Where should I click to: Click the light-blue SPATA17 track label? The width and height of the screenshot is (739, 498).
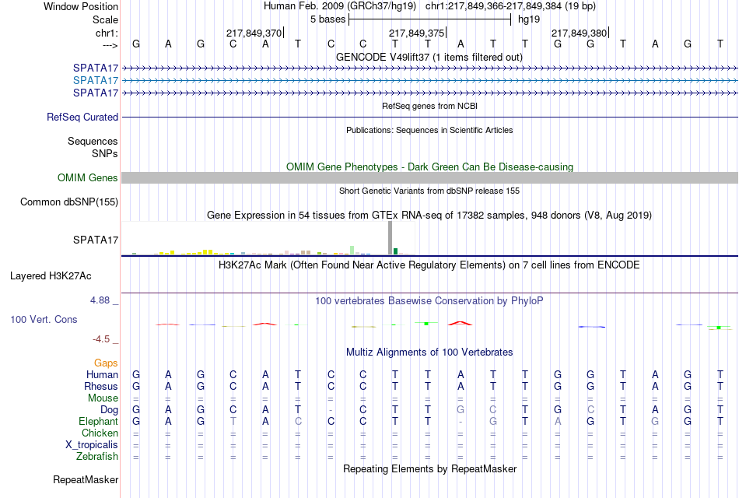point(95,80)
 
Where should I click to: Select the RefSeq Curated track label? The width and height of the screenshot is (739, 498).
point(82,117)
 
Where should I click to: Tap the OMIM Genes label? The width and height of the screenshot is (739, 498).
point(88,177)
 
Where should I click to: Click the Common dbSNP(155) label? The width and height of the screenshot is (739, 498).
point(69,202)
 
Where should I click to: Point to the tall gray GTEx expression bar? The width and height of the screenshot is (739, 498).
point(390,238)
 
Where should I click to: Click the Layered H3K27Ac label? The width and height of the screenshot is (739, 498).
point(51,276)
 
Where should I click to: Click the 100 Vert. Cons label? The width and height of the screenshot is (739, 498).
point(44,319)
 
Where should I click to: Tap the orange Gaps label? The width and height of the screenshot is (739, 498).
point(106,363)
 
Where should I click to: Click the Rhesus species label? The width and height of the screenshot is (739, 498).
point(101,386)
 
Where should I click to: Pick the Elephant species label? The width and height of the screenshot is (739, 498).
point(98,421)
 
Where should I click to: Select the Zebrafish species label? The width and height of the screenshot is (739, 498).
point(97,457)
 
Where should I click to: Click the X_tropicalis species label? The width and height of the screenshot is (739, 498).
point(92,445)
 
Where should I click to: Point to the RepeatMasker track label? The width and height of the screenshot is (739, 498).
point(86,479)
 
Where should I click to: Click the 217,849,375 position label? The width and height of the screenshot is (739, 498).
point(417,33)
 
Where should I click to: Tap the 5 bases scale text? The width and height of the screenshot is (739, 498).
point(327,19)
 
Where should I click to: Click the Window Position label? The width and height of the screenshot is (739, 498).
point(81,6)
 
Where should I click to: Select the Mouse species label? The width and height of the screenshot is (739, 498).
point(103,398)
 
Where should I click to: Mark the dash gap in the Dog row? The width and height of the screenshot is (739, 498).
point(331,410)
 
